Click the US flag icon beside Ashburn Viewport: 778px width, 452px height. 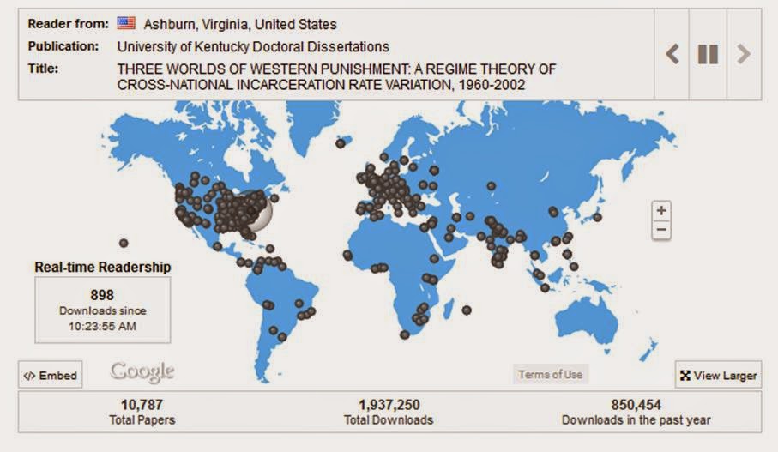pyautogui.click(x=126, y=24)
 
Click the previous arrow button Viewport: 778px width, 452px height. pyautogui.click(x=672, y=54)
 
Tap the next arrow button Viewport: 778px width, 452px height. pyautogui.click(x=743, y=54)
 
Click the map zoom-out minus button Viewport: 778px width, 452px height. pyautogui.click(x=660, y=230)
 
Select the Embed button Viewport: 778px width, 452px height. pyautogui.click(x=51, y=376)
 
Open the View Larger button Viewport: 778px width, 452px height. pyautogui.click(x=718, y=376)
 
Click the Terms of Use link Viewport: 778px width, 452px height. pyautogui.click(x=550, y=374)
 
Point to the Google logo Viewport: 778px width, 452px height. pyautogui.click(x=142, y=371)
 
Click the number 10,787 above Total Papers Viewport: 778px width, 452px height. pyautogui.click(x=142, y=405)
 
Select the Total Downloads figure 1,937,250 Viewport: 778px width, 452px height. pyautogui.click(x=389, y=405)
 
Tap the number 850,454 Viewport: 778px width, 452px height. pyautogui.click(x=636, y=405)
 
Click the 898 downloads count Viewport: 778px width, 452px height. pyautogui.click(x=102, y=295)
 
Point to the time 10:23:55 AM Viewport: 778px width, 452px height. pyautogui.click(x=102, y=326)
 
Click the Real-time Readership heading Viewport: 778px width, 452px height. pyautogui.click(x=102, y=267)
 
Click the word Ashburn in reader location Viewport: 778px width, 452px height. pyautogui.click(x=169, y=25)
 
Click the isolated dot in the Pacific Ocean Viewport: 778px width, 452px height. pyautogui.click(x=124, y=243)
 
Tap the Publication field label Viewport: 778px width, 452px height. pyautogui.click(x=63, y=46)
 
